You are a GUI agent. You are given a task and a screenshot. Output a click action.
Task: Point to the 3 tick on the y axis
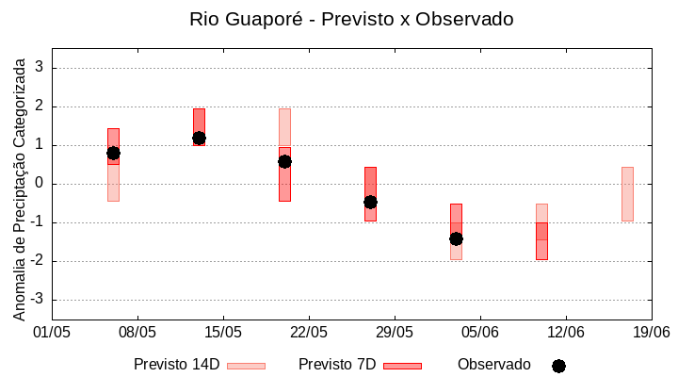click(40, 68)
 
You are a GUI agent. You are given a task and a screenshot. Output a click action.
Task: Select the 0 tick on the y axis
click(40, 184)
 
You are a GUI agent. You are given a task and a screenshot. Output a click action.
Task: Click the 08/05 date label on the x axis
click(137, 333)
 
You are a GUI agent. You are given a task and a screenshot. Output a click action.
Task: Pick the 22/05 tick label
click(309, 333)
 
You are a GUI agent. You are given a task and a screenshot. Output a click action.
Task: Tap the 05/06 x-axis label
click(480, 333)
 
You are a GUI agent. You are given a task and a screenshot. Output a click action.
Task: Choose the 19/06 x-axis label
click(651, 333)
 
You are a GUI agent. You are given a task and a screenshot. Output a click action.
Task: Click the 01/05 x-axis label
click(52, 333)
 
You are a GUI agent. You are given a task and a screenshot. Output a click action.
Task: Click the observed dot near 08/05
click(113, 153)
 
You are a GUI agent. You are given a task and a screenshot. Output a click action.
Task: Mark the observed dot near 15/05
click(199, 138)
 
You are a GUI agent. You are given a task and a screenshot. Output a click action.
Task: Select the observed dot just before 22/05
click(284, 161)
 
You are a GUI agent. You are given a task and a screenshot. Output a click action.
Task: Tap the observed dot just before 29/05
click(370, 202)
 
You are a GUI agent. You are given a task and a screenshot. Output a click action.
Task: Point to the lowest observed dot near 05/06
click(456, 238)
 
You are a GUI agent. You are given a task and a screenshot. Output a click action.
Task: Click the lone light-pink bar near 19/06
click(627, 194)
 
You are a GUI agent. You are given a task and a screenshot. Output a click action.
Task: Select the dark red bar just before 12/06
click(541, 241)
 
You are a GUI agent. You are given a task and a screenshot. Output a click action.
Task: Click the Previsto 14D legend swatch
click(247, 366)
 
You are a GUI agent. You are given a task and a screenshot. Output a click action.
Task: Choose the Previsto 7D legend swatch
click(402, 366)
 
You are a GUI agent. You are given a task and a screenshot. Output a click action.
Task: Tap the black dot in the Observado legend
click(558, 366)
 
